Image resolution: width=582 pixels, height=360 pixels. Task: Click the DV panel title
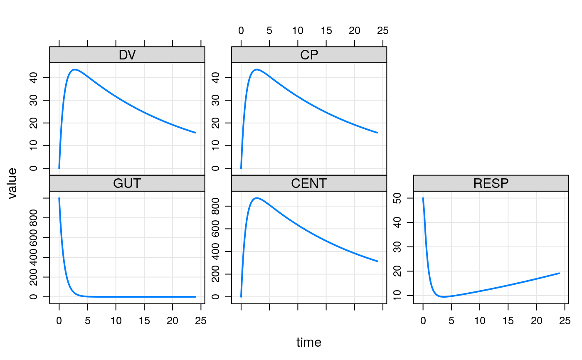127,55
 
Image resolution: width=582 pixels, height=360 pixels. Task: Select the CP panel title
309,55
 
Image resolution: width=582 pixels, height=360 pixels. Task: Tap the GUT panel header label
127,183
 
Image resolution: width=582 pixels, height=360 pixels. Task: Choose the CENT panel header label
309,183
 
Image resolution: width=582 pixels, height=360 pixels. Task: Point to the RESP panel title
491,183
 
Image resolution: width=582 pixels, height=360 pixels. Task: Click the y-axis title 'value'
12,183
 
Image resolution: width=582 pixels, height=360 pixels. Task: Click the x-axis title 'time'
308,343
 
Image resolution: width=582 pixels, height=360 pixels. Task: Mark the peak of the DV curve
74,69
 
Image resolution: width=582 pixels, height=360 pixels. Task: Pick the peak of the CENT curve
256,198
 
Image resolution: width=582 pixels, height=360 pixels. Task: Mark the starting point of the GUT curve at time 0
59,198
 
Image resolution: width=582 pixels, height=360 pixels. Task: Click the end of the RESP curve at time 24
559,273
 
